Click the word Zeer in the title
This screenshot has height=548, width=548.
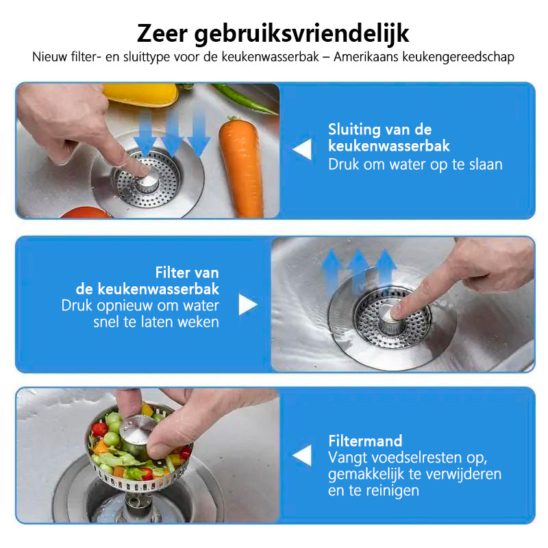(x=162, y=34)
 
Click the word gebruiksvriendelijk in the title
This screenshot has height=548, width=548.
(x=301, y=34)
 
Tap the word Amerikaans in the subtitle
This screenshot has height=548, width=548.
(x=366, y=57)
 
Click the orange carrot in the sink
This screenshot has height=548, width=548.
(x=240, y=166)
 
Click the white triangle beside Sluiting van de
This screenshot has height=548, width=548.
(x=302, y=149)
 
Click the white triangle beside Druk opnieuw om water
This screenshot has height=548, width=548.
(x=248, y=304)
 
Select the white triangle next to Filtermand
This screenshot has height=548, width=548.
(x=302, y=456)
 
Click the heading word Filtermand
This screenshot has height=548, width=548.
(x=365, y=441)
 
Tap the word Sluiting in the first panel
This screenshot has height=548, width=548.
(x=354, y=130)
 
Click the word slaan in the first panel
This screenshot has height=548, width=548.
(x=486, y=164)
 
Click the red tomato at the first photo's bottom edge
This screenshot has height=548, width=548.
(x=86, y=212)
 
